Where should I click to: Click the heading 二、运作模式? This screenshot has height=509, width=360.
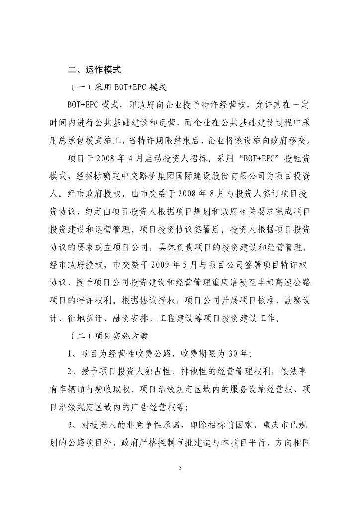click(x=94, y=70)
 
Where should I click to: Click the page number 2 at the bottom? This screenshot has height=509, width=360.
click(x=180, y=468)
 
